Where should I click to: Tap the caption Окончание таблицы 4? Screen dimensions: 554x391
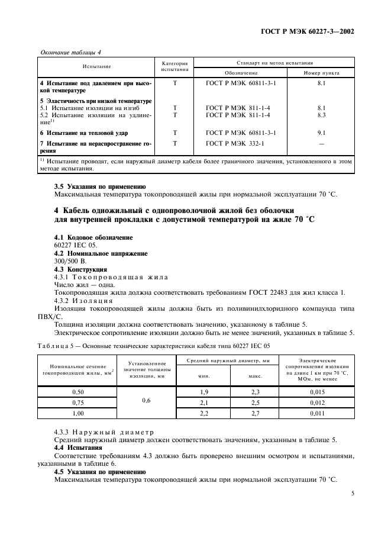(69, 52)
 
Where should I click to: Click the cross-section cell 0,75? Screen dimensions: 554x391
(77, 402)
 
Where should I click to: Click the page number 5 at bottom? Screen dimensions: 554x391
(352, 491)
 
